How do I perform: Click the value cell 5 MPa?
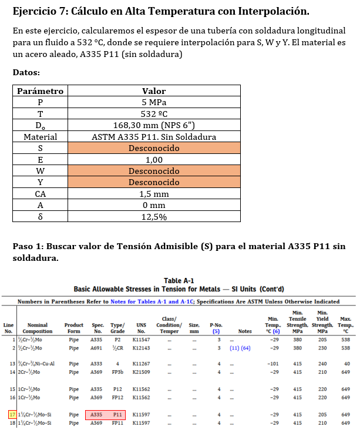click(x=154, y=102)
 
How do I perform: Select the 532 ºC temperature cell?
click(x=154, y=114)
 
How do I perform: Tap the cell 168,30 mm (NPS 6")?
click(x=154, y=125)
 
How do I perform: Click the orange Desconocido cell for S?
click(x=154, y=148)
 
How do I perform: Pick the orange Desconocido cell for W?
click(x=154, y=171)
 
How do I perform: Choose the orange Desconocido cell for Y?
click(x=154, y=182)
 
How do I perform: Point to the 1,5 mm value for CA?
click(x=154, y=194)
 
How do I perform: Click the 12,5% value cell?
click(x=154, y=217)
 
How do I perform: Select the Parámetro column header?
click(x=41, y=91)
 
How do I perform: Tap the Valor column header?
click(x=154, y=91)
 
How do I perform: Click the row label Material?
click(x=41, y=137)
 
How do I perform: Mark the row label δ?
click(x=41, y=217)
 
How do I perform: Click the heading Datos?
click(x=26, y=72)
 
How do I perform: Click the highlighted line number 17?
click(x=13, y=415)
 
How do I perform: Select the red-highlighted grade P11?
click(x=117, y=415)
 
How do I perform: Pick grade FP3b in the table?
click(x=117, y=372)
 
